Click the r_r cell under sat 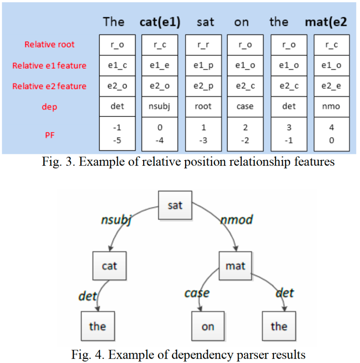(x=203, y=45)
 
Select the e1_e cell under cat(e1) (x=159, y=65)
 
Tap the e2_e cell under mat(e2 (x=331, y=86)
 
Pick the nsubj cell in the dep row (x=159, y=106)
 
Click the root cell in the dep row (x=203, y=106)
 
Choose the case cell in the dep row (x=245, y=106)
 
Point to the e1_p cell (x=203, y=65)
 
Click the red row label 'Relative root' (x=49, y=45)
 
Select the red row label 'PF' (x=49, y=134)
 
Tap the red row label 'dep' (x=49, y=107)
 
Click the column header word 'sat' (x=205, y=22)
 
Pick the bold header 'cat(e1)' (x=160, y=22)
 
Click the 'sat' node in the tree (x=175, y=205)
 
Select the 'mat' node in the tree (x=235, y=266)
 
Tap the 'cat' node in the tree (x=109, y=266)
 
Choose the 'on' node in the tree (x=208, y=326)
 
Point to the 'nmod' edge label (x=236, y=220)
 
